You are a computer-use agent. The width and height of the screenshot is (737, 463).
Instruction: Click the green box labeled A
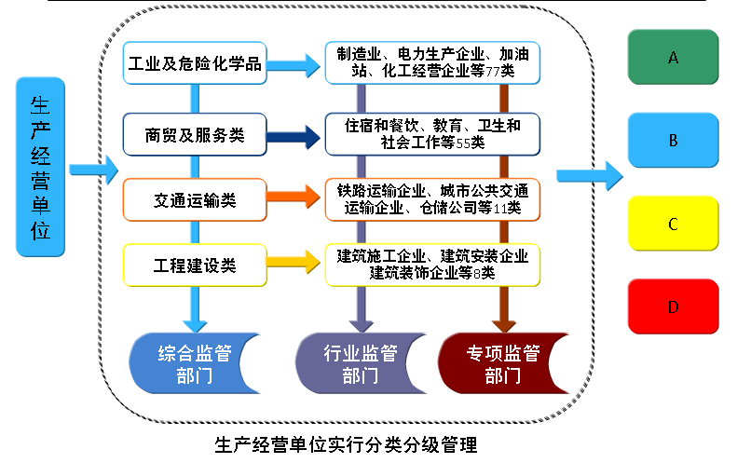pyautogui.click(x=673, y=57)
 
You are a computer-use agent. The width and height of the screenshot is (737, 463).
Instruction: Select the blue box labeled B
pyautogui.click(x=673, y=141)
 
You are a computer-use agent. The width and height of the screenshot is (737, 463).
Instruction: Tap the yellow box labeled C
pyautogui.click(x=673, y=224)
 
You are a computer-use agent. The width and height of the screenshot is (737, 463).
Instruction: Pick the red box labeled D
pyautogui.click(x=673, y=306)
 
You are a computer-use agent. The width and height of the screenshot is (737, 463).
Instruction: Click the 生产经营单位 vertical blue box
pyautogui.click(x=41, y=168)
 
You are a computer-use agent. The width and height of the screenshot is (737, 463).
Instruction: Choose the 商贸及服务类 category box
pyautogui.click(x=195, y=134)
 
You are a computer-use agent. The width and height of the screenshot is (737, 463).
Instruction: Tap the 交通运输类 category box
pyautogui.click(x=195, y=200)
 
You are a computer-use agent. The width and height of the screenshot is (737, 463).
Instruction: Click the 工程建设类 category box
pyautogui.click(x=195, y=266)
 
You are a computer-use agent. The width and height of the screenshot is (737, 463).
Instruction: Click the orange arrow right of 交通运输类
pyautogui.click(x=292, y=197)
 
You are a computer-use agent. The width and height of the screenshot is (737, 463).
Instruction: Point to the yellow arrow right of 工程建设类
pyautogui.click(x=292, y=265)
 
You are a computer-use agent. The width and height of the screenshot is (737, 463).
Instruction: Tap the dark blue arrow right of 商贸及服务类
pyautogui.click(x=292, y=137)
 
